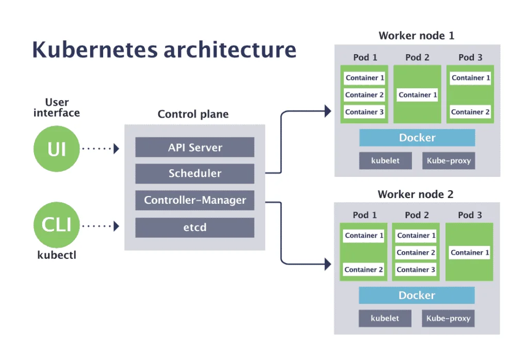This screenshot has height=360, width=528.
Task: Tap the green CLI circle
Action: [x=57, y=225]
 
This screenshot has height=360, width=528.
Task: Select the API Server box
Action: [x=195, y=148]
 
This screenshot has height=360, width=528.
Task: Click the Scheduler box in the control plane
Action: [x=195, y=174]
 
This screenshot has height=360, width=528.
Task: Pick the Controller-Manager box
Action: [x=195, y=200]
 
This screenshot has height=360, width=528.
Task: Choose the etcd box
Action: [x=195, y=227]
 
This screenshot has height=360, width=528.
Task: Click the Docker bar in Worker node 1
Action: [x=417, y=138]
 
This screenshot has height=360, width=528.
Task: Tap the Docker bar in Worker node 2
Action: [x=417, y=296]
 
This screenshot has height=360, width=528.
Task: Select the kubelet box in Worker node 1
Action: [x=385, y=160]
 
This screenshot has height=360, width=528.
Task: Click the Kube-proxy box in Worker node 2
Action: [x=448, y=318]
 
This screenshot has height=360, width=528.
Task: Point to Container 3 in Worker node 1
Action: [x=365, y=112]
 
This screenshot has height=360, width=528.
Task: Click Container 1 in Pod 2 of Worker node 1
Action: [x=418, y=95]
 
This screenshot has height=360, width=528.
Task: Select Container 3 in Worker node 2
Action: [x=416, y=270]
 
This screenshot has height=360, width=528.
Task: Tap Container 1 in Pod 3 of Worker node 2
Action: [x=470, y=253]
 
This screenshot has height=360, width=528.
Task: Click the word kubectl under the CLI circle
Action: [x=57, y=255]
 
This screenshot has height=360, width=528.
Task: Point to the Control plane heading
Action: [x=193, y=114]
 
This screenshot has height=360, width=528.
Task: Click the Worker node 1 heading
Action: [x=416, y=36]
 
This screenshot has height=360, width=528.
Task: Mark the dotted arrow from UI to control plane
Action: [x=100, y=149]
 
